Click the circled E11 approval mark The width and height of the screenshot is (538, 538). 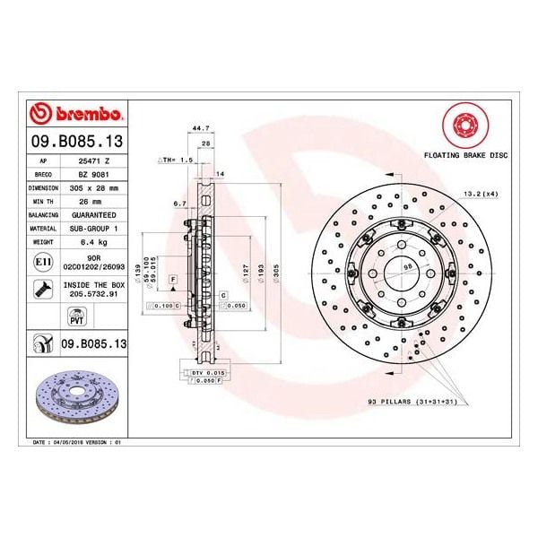(x=40, y=261)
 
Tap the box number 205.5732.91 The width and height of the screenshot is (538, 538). (x=94, y=292)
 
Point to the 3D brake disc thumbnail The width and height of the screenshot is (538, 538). (x=76, y=392)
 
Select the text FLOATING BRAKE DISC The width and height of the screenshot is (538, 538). (x=465, y=155)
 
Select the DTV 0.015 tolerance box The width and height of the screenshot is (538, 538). (x=205, y=371)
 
